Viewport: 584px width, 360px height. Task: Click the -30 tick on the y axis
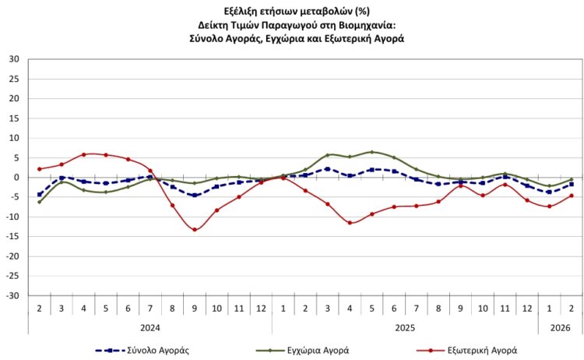coord(13,296)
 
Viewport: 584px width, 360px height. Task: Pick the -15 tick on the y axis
coord(13,237)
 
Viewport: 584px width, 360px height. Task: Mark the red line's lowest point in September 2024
coord(195,229)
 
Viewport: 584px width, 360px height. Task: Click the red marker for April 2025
coord(350,223)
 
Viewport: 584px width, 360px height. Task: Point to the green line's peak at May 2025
coord(372,152)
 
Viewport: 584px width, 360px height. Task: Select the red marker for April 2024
coord(83,154)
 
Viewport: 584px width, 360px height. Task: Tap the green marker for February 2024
coord(39,202)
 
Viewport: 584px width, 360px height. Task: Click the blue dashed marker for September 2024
coord(195,196)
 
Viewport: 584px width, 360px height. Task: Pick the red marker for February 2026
coord(572,196)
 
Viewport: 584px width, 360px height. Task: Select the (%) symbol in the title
coord(357,10)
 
